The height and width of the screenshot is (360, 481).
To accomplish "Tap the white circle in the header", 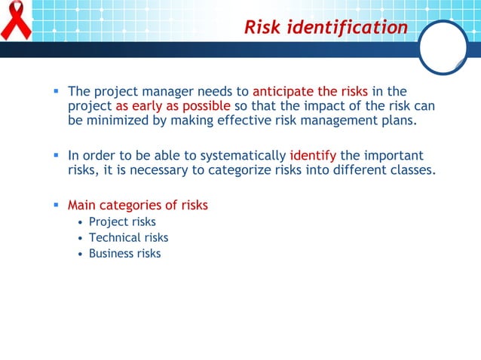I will coord(443,47).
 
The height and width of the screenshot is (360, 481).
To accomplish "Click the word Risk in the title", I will coord(264,28).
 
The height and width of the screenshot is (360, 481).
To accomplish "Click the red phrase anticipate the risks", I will coord(310,92).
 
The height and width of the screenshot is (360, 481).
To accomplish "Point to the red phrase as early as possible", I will coord(173,106).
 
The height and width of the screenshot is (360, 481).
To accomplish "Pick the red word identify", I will coord(312,156).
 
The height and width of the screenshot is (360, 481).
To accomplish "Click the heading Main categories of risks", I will coord(138,205).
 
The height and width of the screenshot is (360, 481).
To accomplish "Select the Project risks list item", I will coord(122,221).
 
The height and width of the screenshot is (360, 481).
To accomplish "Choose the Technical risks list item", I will coord(128,237).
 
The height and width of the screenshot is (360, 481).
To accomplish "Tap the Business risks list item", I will coord(124,253).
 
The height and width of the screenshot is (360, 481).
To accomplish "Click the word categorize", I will coord(250,170).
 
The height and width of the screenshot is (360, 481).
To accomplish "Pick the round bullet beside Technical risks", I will coord(81,238).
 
